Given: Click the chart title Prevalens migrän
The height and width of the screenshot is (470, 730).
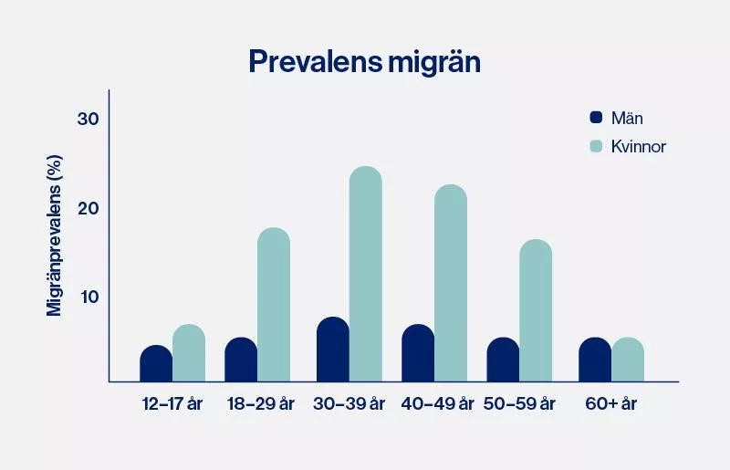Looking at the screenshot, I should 364,61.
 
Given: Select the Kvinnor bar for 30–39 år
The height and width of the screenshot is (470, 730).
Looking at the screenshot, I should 366,274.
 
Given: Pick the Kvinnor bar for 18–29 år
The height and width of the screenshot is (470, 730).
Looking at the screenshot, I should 274,305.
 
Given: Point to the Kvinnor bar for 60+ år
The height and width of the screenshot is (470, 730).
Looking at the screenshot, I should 628,360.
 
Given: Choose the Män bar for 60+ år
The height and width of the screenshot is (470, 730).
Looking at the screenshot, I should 595,360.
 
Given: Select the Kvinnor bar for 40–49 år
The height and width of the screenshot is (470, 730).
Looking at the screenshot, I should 451,283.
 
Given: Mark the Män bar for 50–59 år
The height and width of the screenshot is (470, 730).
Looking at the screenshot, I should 503,360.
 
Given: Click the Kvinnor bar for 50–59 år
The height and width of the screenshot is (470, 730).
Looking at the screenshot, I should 536,310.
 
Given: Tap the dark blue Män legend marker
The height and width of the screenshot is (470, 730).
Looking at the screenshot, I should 597,117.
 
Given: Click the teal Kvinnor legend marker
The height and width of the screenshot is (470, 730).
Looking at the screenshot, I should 597,146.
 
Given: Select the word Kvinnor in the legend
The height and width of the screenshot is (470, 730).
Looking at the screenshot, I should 640,146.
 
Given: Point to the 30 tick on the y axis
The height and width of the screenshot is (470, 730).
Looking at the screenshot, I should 88,120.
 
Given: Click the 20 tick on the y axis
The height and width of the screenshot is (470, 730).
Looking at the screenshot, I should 88,208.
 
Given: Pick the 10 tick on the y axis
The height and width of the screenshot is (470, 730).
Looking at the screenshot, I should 88,297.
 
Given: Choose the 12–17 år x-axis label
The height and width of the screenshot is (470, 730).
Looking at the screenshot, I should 172,404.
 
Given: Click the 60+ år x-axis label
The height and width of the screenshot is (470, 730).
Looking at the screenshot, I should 610,404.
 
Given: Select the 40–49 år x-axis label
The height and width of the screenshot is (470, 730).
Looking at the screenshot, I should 438,404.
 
